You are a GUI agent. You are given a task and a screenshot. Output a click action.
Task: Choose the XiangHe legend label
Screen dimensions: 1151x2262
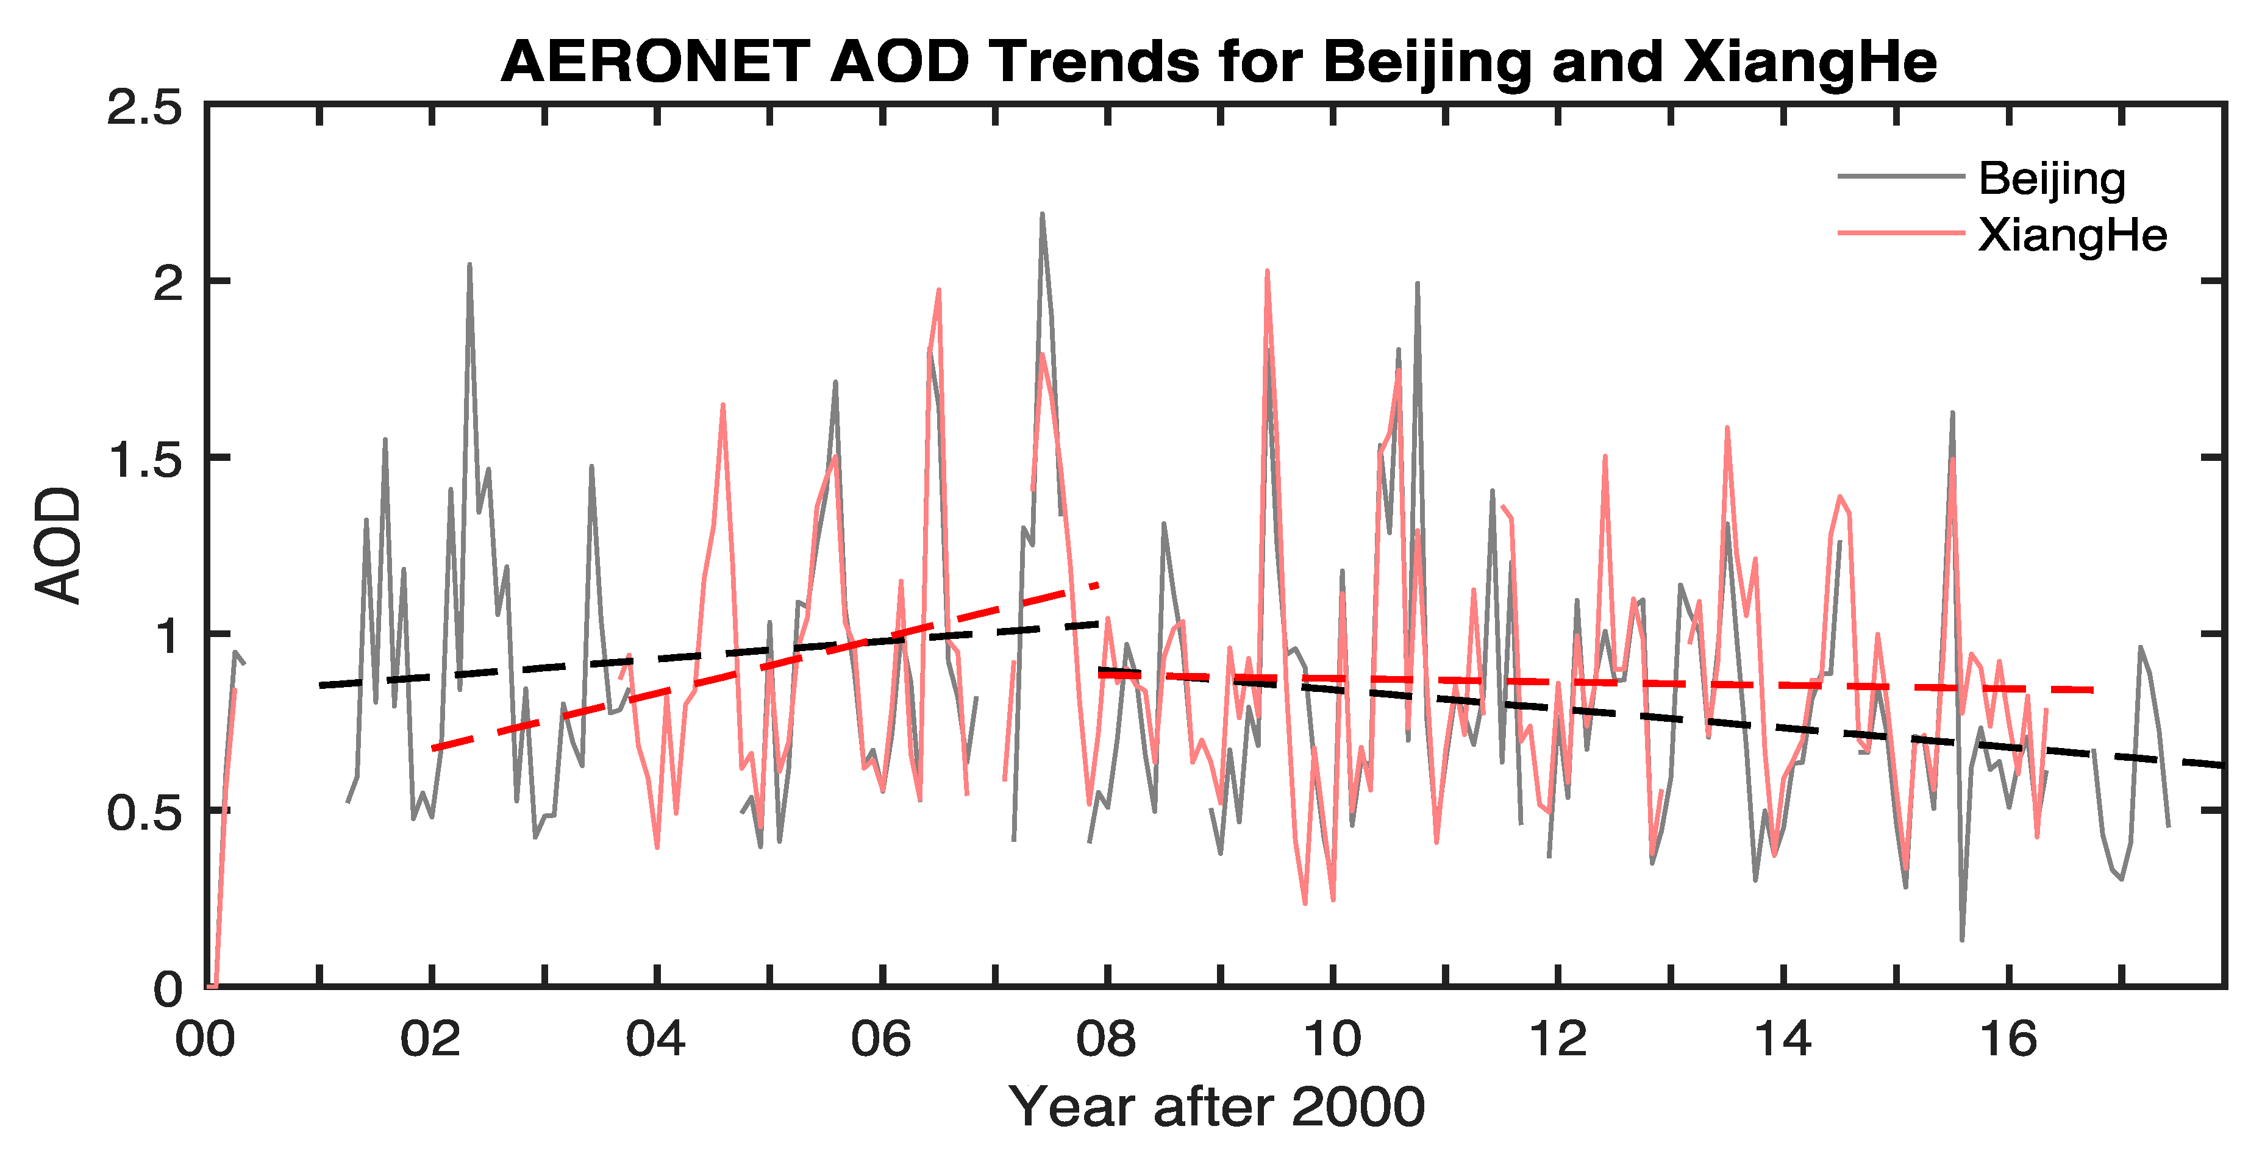[2072, 235]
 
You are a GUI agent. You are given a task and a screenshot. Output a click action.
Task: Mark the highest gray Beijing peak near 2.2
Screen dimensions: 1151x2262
[1041, 214]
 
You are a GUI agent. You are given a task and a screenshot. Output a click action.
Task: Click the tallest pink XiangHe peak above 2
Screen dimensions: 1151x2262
[1266, 271]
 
